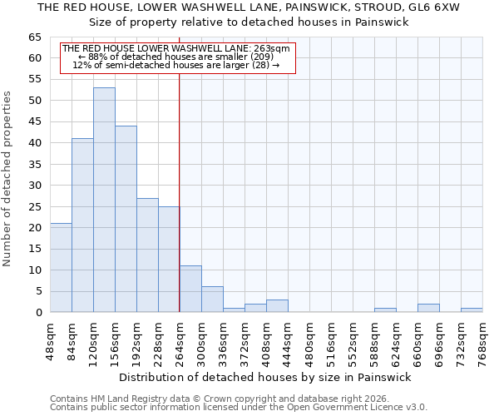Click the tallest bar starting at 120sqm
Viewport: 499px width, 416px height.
click(104, 200)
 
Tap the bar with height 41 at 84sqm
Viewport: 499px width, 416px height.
click(82, 225)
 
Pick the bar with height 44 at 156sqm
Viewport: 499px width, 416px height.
click(126, 219)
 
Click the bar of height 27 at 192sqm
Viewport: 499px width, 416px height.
click(147, 255)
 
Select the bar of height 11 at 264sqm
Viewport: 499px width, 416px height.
click(190, 289)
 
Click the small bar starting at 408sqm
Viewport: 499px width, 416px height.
click(277, 306)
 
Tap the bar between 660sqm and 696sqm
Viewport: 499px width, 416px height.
click(428, 308)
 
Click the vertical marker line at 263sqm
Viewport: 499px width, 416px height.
click(180, 191)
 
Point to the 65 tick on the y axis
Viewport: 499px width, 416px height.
click(33, 37)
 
